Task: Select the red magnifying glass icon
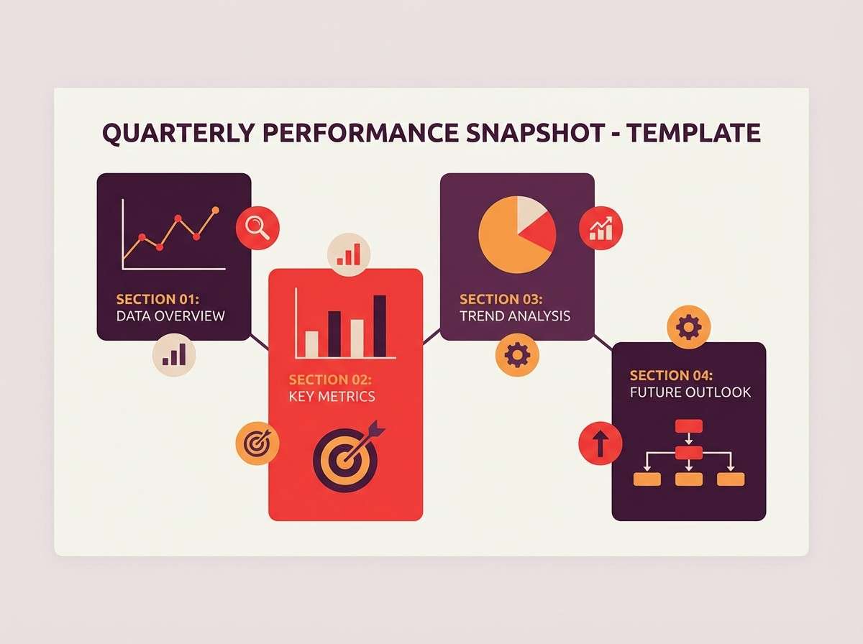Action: [x=257, y=228]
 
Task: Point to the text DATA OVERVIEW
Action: [x=170, y=316]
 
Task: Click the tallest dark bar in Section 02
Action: [x=380, y=326]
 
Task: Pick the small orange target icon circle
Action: [x=257, y=443]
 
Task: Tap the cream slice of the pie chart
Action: [x=529, y=211]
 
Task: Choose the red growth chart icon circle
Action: [x=601, y=228]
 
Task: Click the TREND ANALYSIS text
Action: [x=515, y=316]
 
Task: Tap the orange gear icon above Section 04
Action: [x=688, y=327]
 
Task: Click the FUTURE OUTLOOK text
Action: [x=690, y=392]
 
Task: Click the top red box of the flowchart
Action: [x=688, y=425]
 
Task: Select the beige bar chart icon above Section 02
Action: [x=349, y=254]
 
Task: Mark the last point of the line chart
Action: [x=214, y=210]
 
